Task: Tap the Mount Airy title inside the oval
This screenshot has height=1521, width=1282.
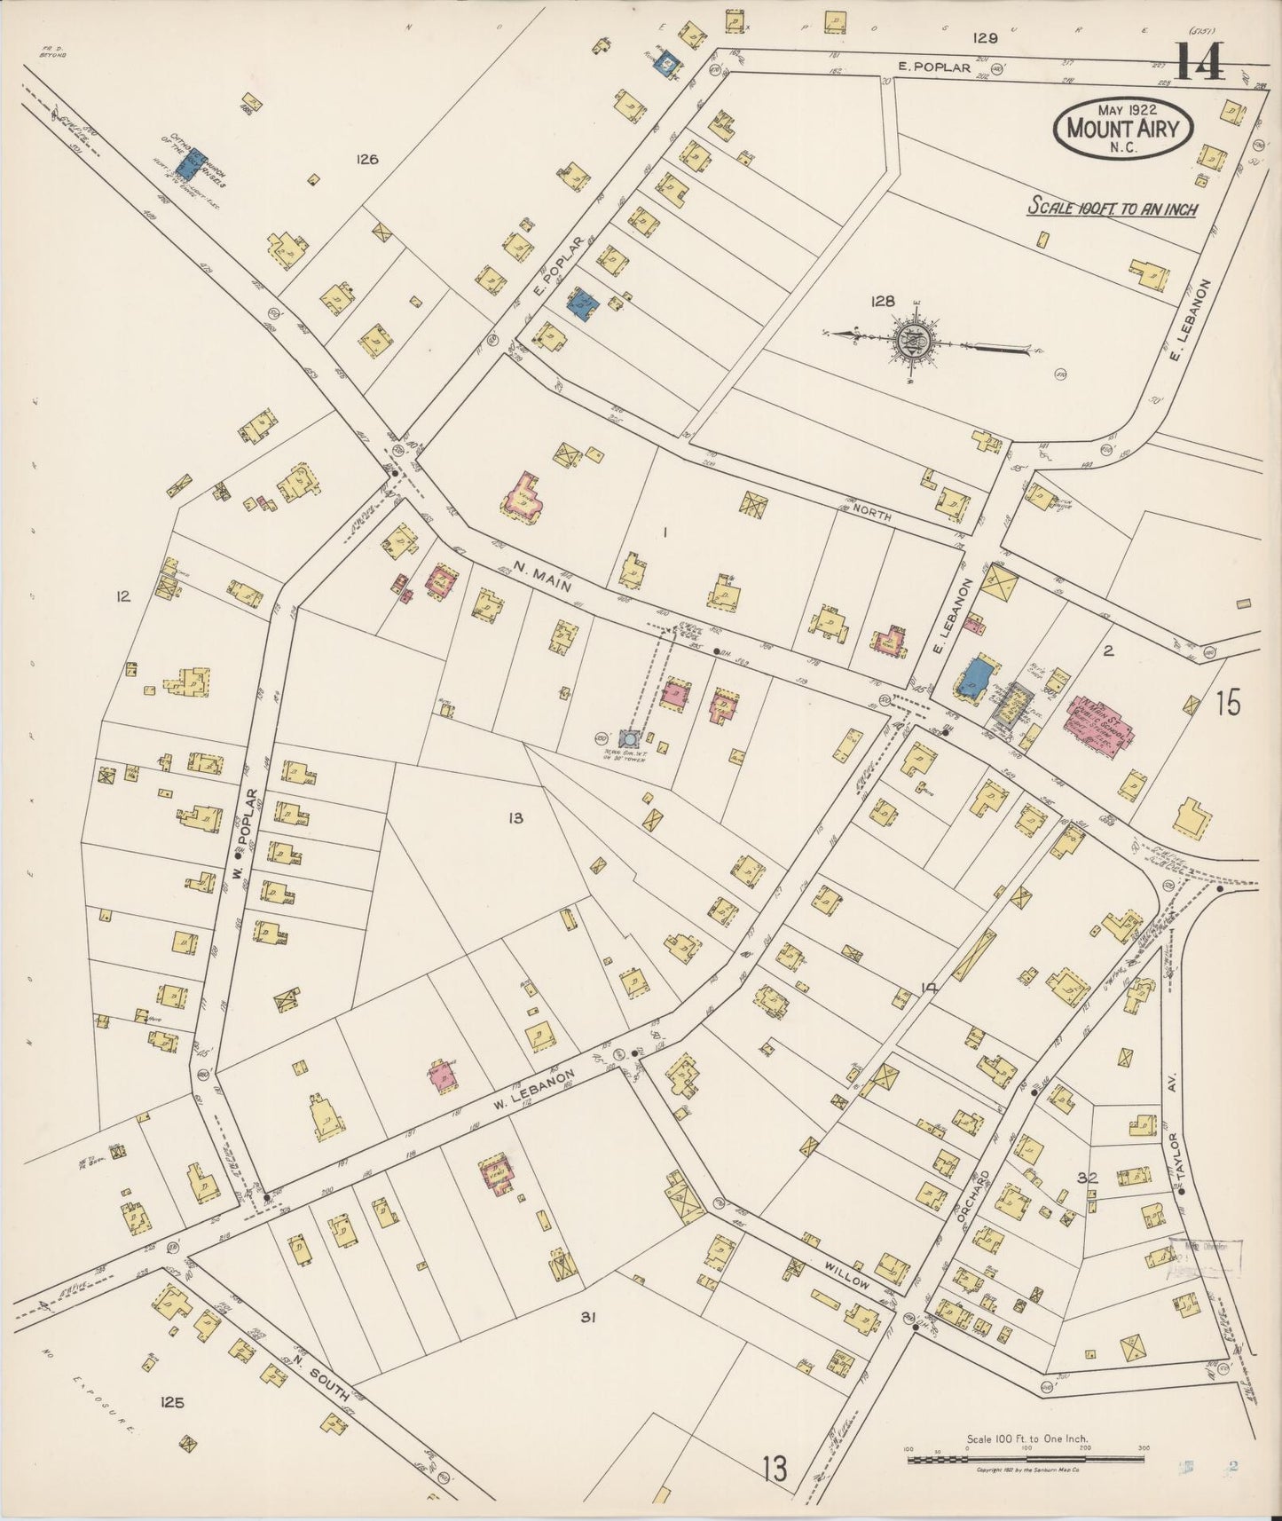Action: [1124, 129]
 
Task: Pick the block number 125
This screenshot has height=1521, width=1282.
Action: [172, 1402]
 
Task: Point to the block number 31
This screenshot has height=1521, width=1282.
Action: [586, 1318]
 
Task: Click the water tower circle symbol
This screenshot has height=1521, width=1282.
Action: [629, 738]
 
